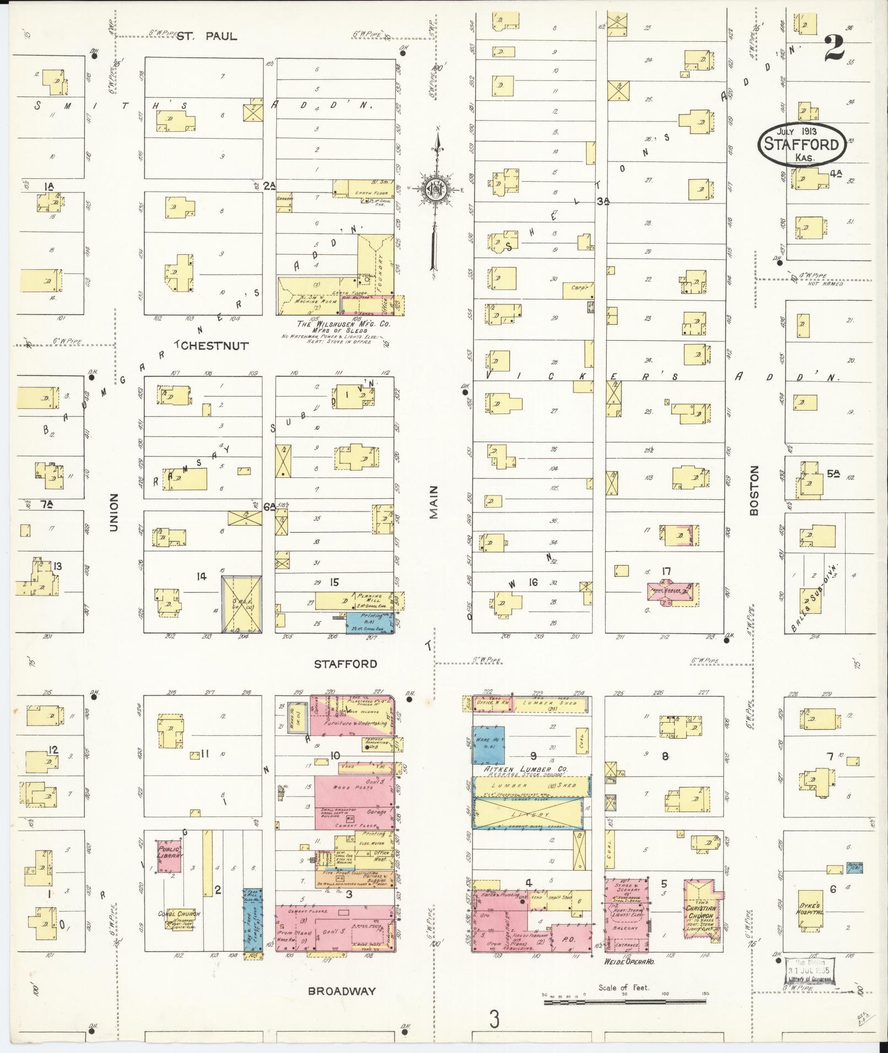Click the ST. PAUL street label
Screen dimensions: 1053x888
[207, 36]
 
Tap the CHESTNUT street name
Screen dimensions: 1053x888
[213, 346]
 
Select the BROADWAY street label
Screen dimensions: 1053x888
[342, 991]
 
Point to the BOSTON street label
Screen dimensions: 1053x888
[754, 490]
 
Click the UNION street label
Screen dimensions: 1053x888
[114, 512]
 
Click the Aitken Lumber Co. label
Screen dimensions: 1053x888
[526, 769]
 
